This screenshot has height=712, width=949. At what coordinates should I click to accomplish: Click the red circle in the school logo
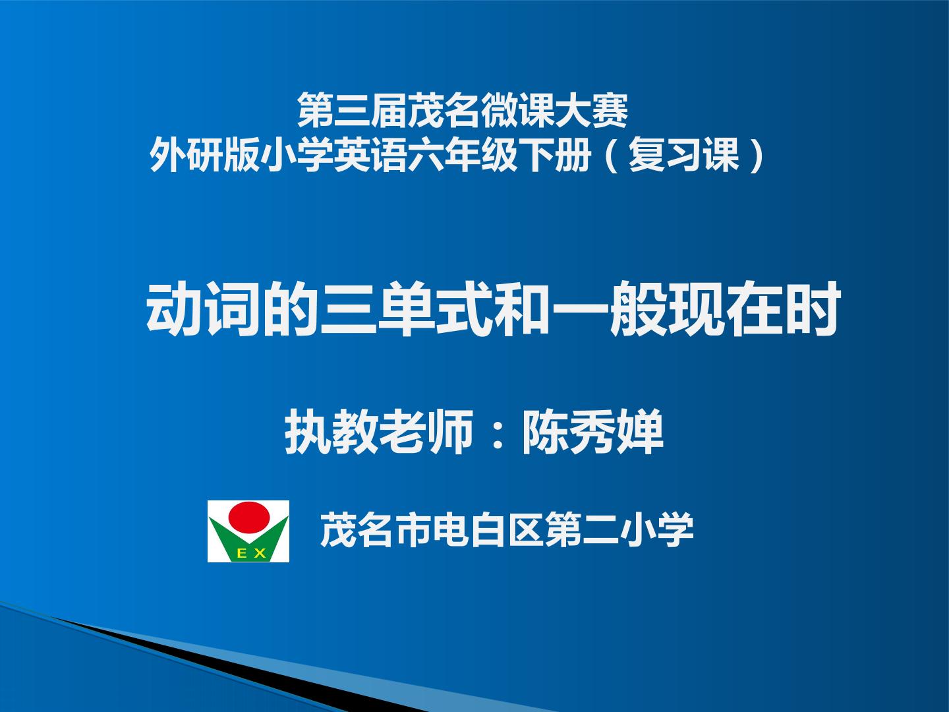tap(249, 518)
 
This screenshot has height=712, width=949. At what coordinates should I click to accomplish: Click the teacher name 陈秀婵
tap(592, 432)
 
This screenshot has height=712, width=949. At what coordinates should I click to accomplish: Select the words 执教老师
tap(379, 432)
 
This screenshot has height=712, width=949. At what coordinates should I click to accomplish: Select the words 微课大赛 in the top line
tap(555, 111)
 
